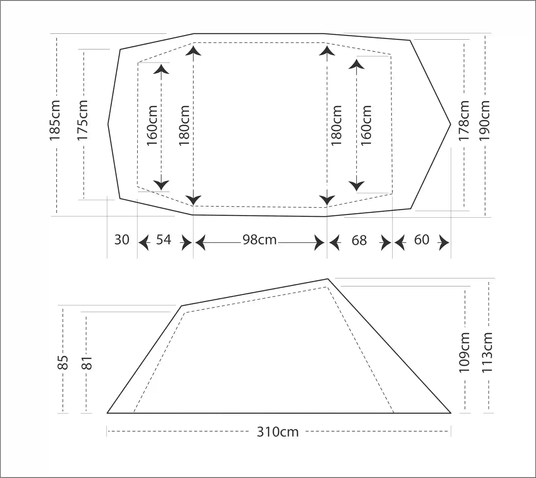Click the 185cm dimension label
click(x=55, y=120)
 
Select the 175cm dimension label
click(x=82, y=120)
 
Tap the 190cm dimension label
click(x=485, y=121)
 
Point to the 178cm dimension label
click(x=464, y=121)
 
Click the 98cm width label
click(x=260, y=240)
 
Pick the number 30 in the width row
click(x=122, y=240)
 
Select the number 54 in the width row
click(x=163, y=240)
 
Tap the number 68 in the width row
click(x=359, y=240)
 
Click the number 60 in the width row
click(x=422, y=240)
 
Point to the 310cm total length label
click(x=278, y=432)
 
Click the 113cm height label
click(x=487, y=352)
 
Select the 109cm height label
click(x=464, y=352)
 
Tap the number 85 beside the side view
click(x=63, y=362)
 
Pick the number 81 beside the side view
click(x=87, y=363)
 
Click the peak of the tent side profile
click(x=328, y=279)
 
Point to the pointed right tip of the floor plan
click(x=451, y=124)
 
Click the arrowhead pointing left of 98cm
click(x=200, y=242)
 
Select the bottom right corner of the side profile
click(x=451, y=413)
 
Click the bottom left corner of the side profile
click(x=107, y=413)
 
